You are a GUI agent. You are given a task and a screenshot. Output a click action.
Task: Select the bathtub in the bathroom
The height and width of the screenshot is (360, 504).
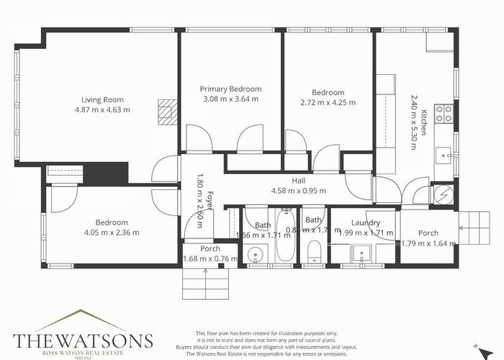point(285,238)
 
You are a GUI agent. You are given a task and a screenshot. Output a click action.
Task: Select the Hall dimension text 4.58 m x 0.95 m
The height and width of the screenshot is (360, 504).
point(298,191)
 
